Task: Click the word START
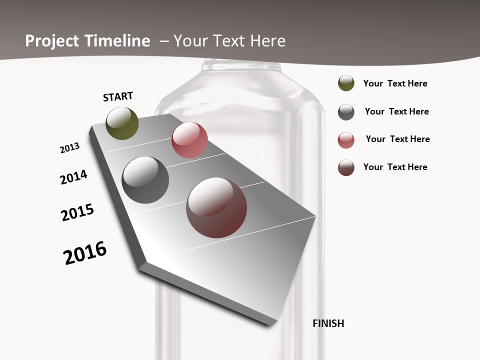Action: click(x=118, y=96)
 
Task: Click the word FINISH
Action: click(x=328, y=323)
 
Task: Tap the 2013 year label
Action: click(x=69, y=148)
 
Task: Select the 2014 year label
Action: click(x=73, y=177)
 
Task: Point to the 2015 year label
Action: click(x=77, y=212)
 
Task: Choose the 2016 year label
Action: click(x=85, y=253)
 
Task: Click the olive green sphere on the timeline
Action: click(x=122, y=123)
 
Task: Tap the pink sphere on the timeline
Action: click(x=189, y=140)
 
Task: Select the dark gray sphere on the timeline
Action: click(x=145, y=180)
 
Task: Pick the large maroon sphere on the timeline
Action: click(x=216, y=207)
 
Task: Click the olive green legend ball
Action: click(x=346, y=83)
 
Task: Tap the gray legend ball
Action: click(x=346, y=112)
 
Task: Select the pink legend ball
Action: click(x=346, y=140)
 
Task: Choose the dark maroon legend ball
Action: click(x=346, y=167)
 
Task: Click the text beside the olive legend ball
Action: click(x=395, y=83)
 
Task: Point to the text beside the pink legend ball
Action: click(x=397, y=139)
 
